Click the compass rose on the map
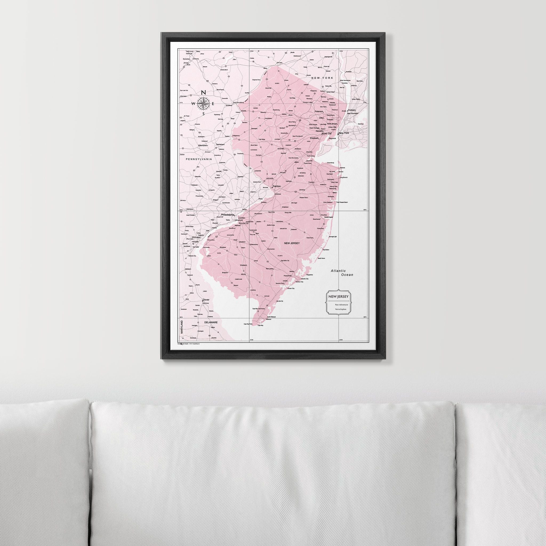(203, 103)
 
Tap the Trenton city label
(276, 187)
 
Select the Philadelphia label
(228, 215)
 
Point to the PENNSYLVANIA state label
(199, 159)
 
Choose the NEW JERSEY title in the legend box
(338, 297)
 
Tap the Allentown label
(202, 145)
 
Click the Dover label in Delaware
(206, 300)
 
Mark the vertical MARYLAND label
(182, 327)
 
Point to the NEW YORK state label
(322, 78)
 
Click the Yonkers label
(352, 110)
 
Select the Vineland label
(243, 265)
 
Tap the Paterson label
(319, 112)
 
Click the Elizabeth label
(314, 138)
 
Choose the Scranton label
(186, 59)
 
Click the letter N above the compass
(203, 93)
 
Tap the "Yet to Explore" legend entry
(340, 309)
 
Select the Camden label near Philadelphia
(242, 218)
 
